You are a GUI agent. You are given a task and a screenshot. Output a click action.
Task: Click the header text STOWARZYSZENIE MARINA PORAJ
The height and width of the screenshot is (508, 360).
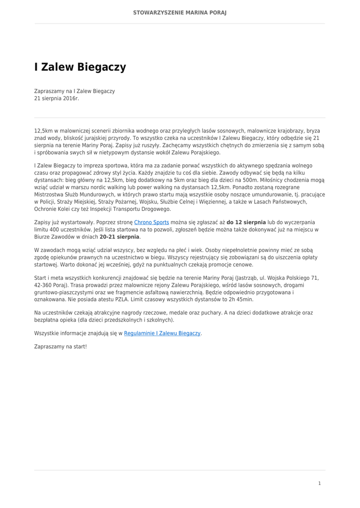pos(180,12)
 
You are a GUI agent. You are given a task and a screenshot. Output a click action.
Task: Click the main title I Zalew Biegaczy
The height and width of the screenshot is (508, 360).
pos(80,67)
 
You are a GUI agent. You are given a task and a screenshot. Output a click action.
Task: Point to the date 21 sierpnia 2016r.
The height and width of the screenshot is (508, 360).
pos(56,99)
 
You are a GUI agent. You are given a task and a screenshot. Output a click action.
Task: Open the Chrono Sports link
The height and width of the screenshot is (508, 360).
pos(151,222)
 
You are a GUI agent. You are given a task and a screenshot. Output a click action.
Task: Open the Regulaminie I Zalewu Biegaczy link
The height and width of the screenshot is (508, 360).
pos(162,333)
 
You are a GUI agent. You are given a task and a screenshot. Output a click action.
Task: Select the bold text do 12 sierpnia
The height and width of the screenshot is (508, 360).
pos(246,222)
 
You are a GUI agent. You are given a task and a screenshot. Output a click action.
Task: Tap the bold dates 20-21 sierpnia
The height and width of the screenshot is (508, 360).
pos(119,237)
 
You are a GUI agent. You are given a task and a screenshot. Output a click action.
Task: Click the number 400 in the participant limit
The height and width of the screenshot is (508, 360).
pos(52,230)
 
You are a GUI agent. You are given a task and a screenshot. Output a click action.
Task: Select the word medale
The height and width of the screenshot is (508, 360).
pos(169,313)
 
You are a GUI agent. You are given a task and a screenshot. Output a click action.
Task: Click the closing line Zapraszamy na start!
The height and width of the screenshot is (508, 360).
pos(61,346)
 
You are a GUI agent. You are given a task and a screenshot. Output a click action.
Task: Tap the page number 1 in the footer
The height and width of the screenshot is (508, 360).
pos(320,483)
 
